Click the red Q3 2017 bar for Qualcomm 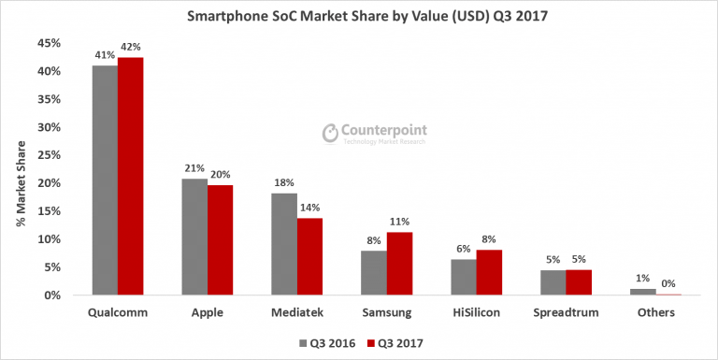pyautogui.click(x=130, y=177)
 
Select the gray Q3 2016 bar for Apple pyautogui.click(x=194, y=238)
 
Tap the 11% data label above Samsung pyautogui.click(x=400, y=223)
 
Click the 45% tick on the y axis pyautogui.click(x=49, y=43)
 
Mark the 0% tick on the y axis pyautogui.click(x=52, y=295)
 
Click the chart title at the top pyautogui.click(x=359, y=16)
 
